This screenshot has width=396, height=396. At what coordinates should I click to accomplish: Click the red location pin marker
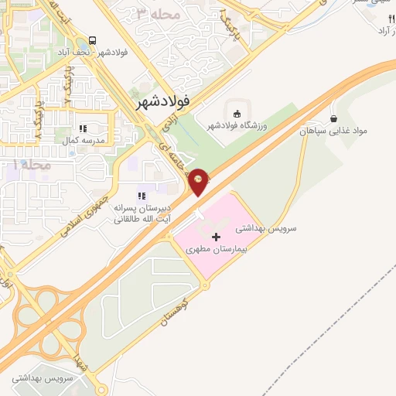199,180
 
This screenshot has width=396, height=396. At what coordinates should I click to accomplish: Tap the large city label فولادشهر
162,101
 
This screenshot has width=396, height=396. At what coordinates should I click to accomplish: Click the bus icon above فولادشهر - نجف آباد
93,40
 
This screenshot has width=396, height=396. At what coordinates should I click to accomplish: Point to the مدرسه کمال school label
83,141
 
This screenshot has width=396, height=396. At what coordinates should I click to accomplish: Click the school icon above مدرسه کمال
83,128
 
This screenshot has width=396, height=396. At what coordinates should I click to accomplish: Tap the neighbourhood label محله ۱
32,165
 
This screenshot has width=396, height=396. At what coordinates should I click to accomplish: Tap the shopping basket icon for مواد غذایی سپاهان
333,119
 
